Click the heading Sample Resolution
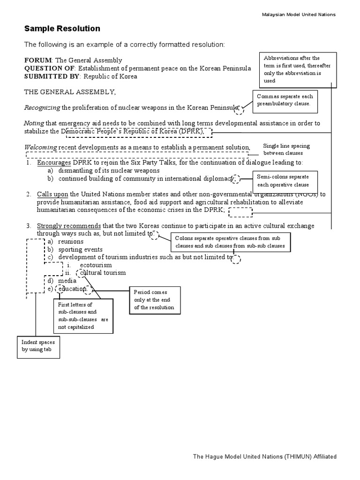pyautogui.click(x=62, y=29)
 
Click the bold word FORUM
pyautogui.click(x=39, y=60)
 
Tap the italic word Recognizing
pyautogui.click(x=42, y=107)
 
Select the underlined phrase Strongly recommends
pyautogui.click(x=69, y=225)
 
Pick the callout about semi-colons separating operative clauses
pyautogui.click(x=285, y=181)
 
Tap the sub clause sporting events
pyautogui.click(x=80, y=249)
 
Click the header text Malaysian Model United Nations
pyautogui.click(x=298, y=15)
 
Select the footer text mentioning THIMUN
pyautogui.click(x=265, y=456)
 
